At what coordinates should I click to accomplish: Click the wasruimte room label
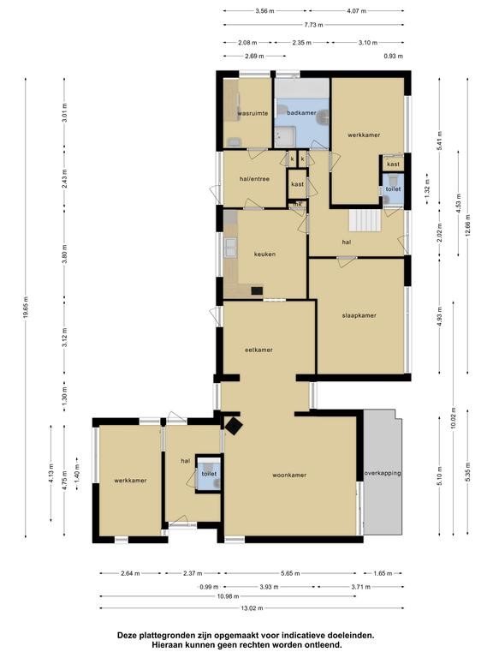[x=252, y=113]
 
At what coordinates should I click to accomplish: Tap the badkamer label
[x=301, y=113]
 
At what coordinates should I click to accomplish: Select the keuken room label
[x=265, y=254]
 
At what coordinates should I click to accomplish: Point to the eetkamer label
[x=258, y=350]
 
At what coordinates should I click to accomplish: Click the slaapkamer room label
[x=359, y=315]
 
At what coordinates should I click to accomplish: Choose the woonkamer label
[x=289, y=475]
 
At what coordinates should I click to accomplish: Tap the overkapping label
[x=383, y=473]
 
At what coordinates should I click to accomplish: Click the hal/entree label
[x=254, y=179]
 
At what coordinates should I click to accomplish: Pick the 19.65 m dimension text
[x=26, y=308]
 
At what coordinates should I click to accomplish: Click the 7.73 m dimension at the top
[x=313, y=25]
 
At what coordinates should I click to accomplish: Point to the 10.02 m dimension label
[x=453, y=419]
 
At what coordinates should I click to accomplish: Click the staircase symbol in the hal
[x=365, y=220]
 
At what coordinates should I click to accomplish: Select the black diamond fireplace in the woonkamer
[x=234, y=426]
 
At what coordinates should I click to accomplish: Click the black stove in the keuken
[x=257, y=290]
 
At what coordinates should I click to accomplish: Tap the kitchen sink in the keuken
[x=230, y=247]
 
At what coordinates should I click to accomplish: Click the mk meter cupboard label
[x=298, y=205]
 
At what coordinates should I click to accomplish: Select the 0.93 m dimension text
[x=393, y=56]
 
